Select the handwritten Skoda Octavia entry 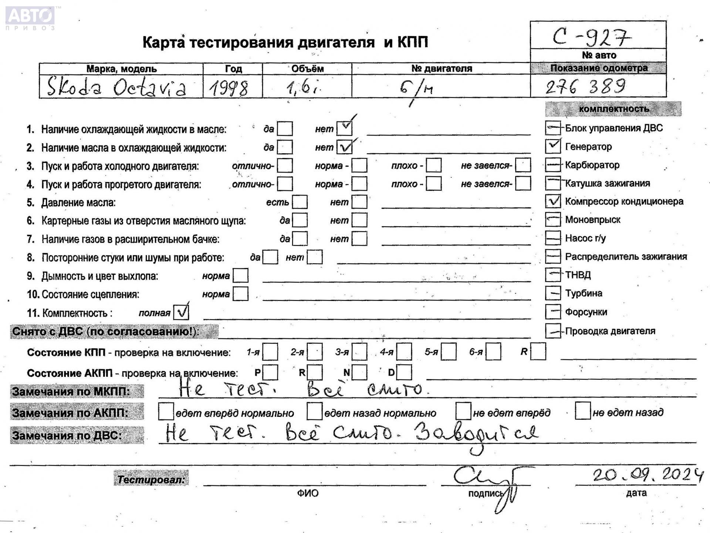point(116,87)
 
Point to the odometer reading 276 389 point(585,87)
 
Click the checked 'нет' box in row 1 point(345,128)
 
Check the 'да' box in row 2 point(285,147)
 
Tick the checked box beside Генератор point(553,146)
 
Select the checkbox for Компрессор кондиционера point(553,201)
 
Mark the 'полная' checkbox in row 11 point(181,312)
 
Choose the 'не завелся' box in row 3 point(523,165)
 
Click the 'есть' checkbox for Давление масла point(300,202)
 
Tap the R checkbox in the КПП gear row point(538,351)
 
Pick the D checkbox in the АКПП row point(404,372)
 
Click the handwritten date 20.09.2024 point(647,475)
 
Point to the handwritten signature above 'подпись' point(488,481)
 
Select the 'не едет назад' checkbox point(582,411)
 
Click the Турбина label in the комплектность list point(584,293)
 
